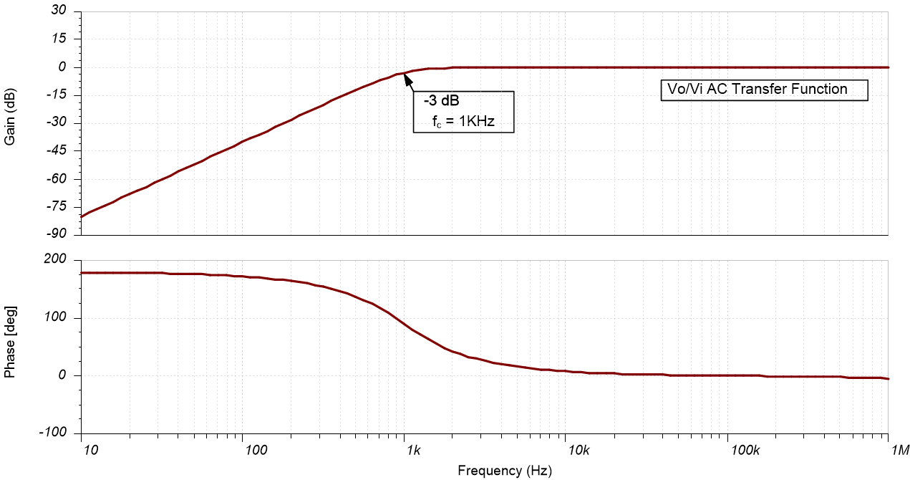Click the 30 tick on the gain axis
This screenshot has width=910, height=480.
point(59,11)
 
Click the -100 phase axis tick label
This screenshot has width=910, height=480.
point(56,433)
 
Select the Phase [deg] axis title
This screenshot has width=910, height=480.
point(11,342)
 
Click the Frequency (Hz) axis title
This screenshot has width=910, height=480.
point(505,471)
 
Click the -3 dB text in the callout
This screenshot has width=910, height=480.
point(441,102)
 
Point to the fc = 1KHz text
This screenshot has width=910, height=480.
point(463,123)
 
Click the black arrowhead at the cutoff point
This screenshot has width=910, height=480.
point(408,77)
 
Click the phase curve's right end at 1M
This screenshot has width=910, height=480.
point(888,379)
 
